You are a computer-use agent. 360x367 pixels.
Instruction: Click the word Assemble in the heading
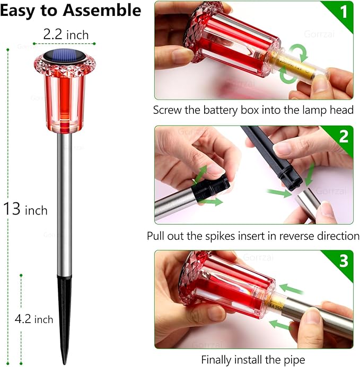(x=102, y=11)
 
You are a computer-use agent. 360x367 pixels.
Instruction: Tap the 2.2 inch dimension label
(x=66, y=34)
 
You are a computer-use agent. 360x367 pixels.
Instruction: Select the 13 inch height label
(x=25, y=209)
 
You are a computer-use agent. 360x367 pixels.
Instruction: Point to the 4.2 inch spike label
(x=34, y=319)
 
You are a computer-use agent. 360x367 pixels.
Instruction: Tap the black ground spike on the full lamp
(x=64, y=318)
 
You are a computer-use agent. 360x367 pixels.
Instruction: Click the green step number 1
(x=344, y=11)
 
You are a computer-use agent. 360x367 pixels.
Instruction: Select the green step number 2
(x=344, y=136)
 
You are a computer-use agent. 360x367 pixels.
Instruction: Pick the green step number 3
(x=344, y=261)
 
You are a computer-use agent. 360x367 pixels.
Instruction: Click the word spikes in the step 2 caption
(x=220, y=236)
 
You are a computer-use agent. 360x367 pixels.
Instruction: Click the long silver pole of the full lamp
(x=65, y=204)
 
